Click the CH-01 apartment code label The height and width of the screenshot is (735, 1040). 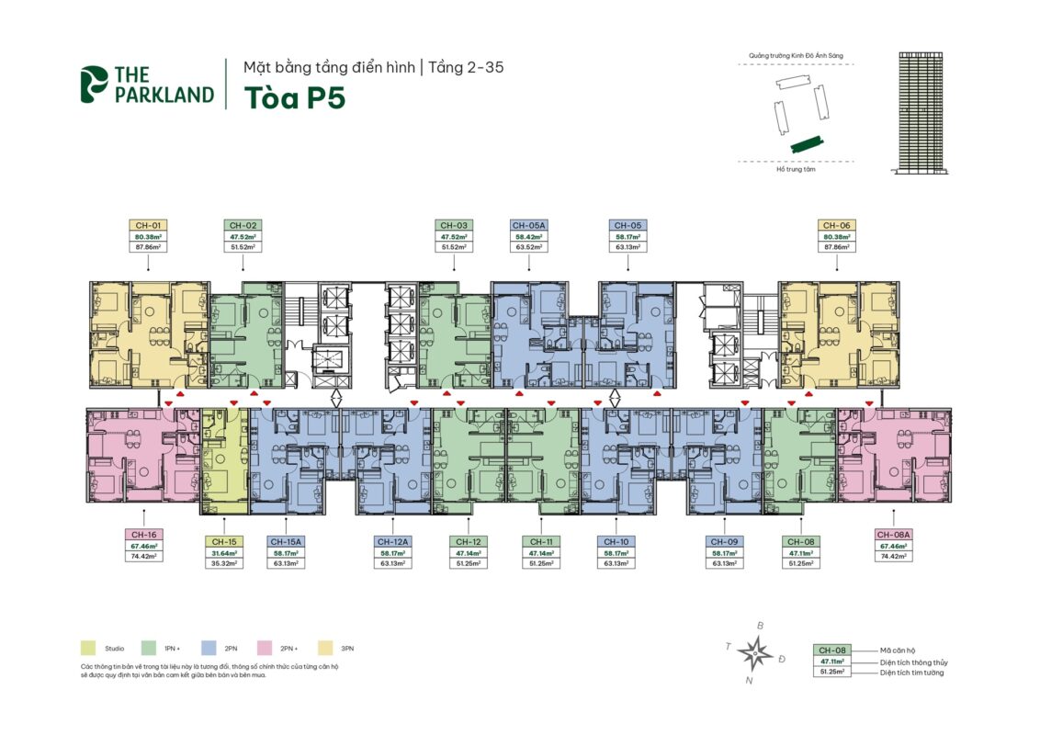click(148, 225)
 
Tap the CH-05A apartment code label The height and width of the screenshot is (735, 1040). click(528, 225)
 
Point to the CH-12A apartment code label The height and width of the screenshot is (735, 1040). click(393, 542)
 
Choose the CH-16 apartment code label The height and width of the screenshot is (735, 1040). click(142, 534)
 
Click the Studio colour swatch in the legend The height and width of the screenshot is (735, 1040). click(88, 648)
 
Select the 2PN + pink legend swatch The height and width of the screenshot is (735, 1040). click(266, 648)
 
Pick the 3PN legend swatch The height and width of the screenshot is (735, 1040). click(324, 648)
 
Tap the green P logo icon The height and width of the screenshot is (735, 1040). click(94, 84)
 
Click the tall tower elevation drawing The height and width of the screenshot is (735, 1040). click(921, 112)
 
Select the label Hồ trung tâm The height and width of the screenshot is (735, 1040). click(796, 169)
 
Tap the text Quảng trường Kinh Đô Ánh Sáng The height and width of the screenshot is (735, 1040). click(796, 57)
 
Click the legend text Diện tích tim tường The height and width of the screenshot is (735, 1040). click(911, 673)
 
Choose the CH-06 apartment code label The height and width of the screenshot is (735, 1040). click(836, 225)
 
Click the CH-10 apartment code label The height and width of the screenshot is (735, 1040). click(616, 542)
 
